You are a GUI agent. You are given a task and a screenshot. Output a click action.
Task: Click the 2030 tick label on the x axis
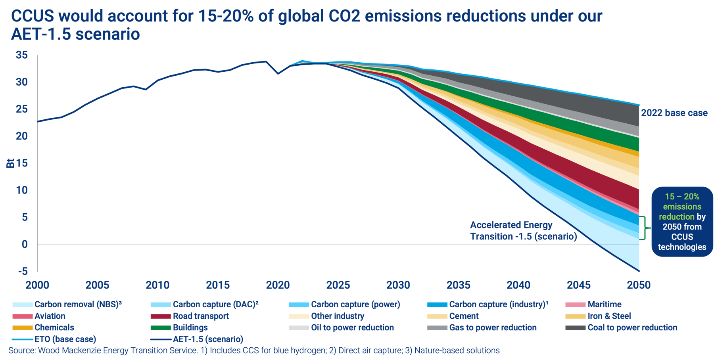pyautogui.click(x=398, y=285)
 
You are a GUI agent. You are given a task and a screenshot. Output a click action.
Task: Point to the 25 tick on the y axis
pyautogui.click(x=22, y=109)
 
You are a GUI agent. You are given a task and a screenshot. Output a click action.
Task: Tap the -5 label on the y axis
pyautogui.click(x=23, y=271)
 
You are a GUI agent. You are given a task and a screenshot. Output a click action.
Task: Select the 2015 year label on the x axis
pyautogui.click(x=218, y=285)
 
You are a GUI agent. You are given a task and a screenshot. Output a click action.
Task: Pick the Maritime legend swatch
pyautogui.click(x=575, y=304)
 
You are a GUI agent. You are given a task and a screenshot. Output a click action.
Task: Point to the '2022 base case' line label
pyautogui.click(x=674, y=113)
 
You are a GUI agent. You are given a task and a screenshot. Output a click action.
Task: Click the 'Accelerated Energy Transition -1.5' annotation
pyautogui.click(x=523, y=231)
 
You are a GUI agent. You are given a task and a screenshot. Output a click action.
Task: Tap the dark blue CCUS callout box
pyautogui.click(x=682, y=222)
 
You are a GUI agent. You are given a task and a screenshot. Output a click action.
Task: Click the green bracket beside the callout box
pyautogui.click(x=645, y=228)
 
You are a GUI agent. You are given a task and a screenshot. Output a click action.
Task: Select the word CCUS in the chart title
pyautogui.click(x=33, y=16)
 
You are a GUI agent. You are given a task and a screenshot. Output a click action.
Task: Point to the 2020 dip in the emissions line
pyautogui.click(x=278, y=74)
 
